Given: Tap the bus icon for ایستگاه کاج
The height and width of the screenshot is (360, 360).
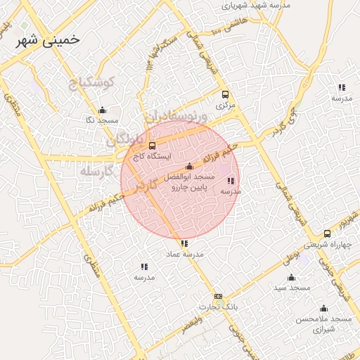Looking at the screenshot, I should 153,146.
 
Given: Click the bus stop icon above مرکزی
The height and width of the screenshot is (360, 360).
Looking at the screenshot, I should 225,95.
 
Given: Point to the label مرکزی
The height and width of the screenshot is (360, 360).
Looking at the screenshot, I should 224,105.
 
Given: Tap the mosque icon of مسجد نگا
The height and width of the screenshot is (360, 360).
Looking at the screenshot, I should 103,110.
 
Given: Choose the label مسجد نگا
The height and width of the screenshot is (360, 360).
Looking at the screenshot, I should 102,120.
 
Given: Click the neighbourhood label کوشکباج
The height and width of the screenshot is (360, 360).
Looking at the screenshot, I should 96,84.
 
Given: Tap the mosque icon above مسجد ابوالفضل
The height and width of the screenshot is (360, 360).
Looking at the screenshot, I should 189,167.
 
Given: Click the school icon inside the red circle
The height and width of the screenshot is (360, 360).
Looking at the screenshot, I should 231,181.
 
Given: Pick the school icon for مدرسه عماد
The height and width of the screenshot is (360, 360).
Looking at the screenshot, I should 184,244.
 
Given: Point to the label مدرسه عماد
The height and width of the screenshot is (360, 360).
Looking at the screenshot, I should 184,254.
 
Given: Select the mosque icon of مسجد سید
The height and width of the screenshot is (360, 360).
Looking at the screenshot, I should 292,277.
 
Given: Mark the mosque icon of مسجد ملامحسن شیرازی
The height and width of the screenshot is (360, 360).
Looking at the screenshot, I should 324,308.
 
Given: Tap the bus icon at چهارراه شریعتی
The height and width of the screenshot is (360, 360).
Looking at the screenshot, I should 327,233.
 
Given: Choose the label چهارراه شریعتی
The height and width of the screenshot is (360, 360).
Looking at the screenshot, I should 326,244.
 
